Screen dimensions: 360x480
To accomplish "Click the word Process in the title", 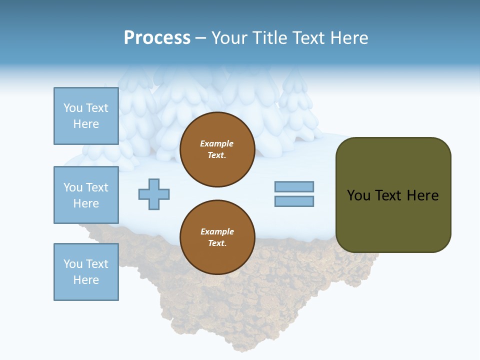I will tap(157, 38).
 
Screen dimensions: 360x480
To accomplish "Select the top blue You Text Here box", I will tap(86, 116).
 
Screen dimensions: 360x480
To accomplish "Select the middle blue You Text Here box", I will tap(86, 195).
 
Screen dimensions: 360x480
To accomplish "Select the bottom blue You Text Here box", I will tap(86, 272).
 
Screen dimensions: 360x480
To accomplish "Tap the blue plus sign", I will tap(154, 194).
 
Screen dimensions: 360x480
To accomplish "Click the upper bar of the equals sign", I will tap(294, 186).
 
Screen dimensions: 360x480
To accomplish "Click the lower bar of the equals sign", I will tap(294, 201).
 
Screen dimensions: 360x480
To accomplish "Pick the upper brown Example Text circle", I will tap(217, 149).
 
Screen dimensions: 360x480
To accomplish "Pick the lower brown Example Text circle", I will tap(217, 237).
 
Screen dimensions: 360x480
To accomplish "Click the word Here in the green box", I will tap(422, 195).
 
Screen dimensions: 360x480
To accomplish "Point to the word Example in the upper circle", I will tap(217, 143).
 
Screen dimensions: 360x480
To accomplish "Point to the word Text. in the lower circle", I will tap(217, 243).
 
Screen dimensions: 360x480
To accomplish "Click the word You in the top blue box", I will tap(72, 108).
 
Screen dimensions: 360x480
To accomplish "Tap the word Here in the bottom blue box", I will tap(86, 280).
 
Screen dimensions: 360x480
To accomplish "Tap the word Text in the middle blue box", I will tap(96, 187).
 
